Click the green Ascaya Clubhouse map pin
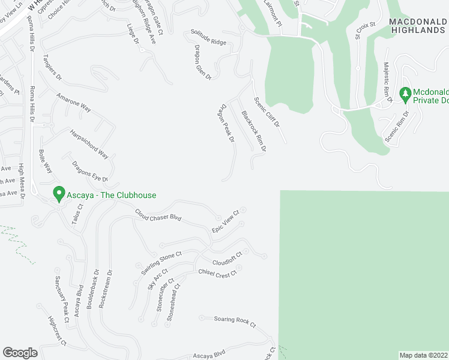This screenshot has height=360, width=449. [59, 194]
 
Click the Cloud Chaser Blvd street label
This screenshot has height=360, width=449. [158, 215]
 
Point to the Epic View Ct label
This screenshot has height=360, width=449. [226, 221]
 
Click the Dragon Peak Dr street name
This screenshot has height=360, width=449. [226, 122]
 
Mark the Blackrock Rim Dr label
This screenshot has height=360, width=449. [253, 131]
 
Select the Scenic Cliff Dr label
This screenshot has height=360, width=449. [267, 112]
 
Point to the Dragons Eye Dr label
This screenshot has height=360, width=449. [89, 171]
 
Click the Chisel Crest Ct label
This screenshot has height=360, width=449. [217, 272]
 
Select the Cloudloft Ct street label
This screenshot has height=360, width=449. [227, 259]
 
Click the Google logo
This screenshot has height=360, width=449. [20, 352]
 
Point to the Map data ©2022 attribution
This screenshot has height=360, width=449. [423, 355]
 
